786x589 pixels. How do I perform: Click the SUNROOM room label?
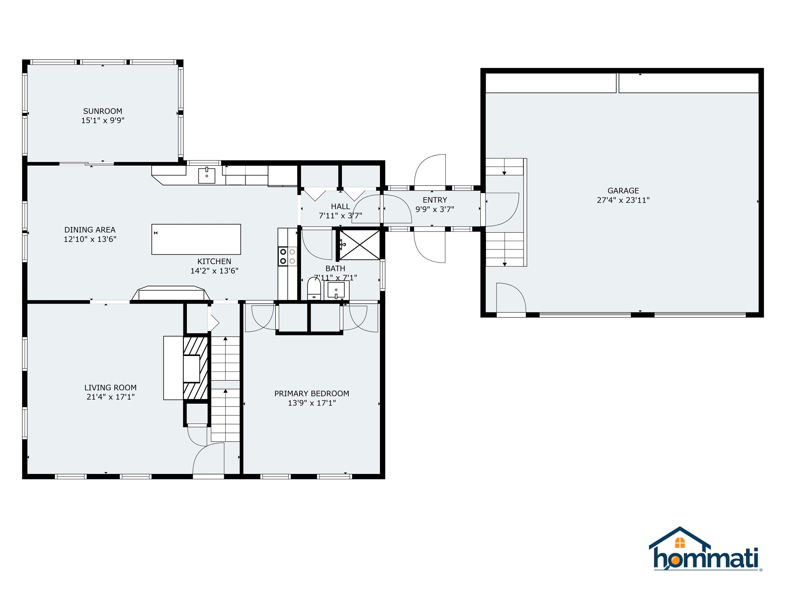pyautogui.click(x=102, y=111)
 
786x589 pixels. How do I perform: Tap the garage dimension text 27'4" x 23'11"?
pyautogui.click(x=623, y=200)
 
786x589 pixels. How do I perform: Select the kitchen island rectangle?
pyautogui.click(x=196, y=239)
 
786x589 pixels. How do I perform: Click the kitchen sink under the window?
pyautogui.click(x=206, y=175)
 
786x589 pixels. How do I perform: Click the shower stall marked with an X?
pyautogui.click(x=359, y=245)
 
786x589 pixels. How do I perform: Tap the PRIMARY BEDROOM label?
pyautogui.click(x=312, y=393)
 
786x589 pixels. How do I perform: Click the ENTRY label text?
pyautogui.click(x=434, y=200)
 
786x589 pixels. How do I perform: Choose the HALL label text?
pyautogui.click(x=340, y=206)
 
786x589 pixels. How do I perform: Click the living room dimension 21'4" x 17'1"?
pyautogui.click(x=111, y=397)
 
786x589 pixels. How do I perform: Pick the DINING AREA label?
pyautogui.click(x=90, y=230)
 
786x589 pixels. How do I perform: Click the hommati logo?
pyautogui.click(x=705, y=554)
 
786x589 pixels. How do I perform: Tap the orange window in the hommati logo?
pyautogui.click(x=680, y=542)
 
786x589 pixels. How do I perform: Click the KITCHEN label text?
pyautogui.click(x=214, y=261)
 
